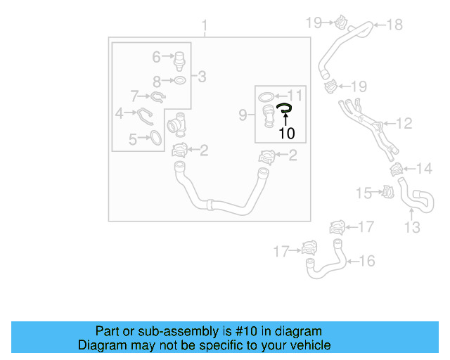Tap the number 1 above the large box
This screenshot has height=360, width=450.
click(x=205, y=27)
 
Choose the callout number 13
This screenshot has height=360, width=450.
click(x=412, y=227)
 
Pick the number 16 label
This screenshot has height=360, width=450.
click(x=367, y=261)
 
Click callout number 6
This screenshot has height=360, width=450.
click(x=157, y=55)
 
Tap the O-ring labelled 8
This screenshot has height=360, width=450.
click(x=180, y=81)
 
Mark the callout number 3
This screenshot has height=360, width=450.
click(x=202, y=77)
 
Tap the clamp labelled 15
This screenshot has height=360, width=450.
click(x=386, y=191)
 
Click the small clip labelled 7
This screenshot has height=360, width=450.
click(x=159, y=96)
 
